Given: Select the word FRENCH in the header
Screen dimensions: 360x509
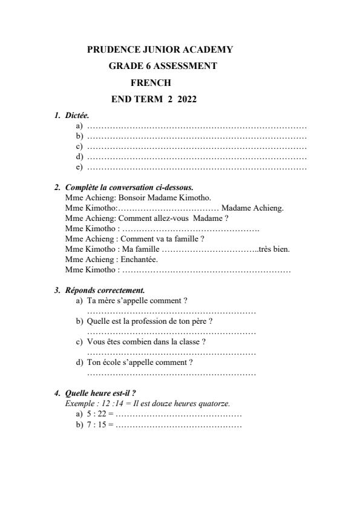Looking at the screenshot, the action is (x=151, y=82).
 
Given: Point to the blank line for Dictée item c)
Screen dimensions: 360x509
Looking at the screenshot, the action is (x=197, y=147).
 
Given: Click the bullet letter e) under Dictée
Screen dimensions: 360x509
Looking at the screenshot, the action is (x=79, y=166).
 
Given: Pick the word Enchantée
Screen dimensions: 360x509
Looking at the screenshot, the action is (x=138, y=259).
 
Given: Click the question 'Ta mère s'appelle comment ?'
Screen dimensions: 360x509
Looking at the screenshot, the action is (x=137, y=300).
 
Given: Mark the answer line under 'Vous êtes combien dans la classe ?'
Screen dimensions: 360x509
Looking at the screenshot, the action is (x=171, y=352).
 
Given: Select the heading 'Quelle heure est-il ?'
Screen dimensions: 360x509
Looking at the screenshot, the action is (x=100, y=393).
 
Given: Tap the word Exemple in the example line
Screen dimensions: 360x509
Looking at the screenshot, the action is (x=79, y=403).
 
